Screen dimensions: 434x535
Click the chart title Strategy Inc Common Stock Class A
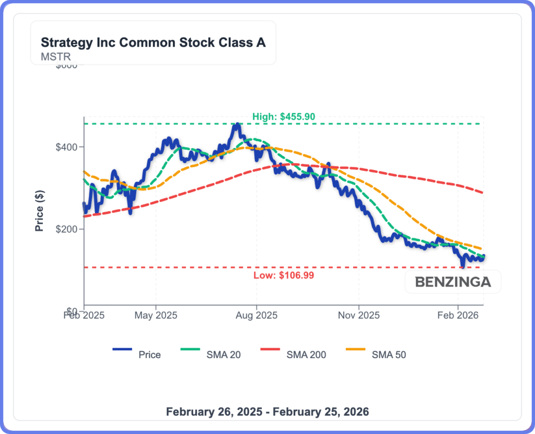point(153,43)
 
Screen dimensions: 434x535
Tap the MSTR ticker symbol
point(55,56)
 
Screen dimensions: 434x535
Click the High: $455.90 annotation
point(284,117)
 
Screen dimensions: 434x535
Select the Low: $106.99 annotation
point(283,275)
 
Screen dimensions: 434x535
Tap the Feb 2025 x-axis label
point(84,316)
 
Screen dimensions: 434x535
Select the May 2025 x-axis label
point(156,316)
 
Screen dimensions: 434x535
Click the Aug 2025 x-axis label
point(257,316)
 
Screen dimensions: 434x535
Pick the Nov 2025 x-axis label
point(359,316)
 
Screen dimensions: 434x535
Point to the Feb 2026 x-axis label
point(458,316)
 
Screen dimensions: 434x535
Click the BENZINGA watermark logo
point(453,282)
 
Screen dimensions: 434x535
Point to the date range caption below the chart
point(267,412)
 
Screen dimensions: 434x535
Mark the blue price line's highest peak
point(237,124)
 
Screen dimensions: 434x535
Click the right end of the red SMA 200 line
point(483,193)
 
